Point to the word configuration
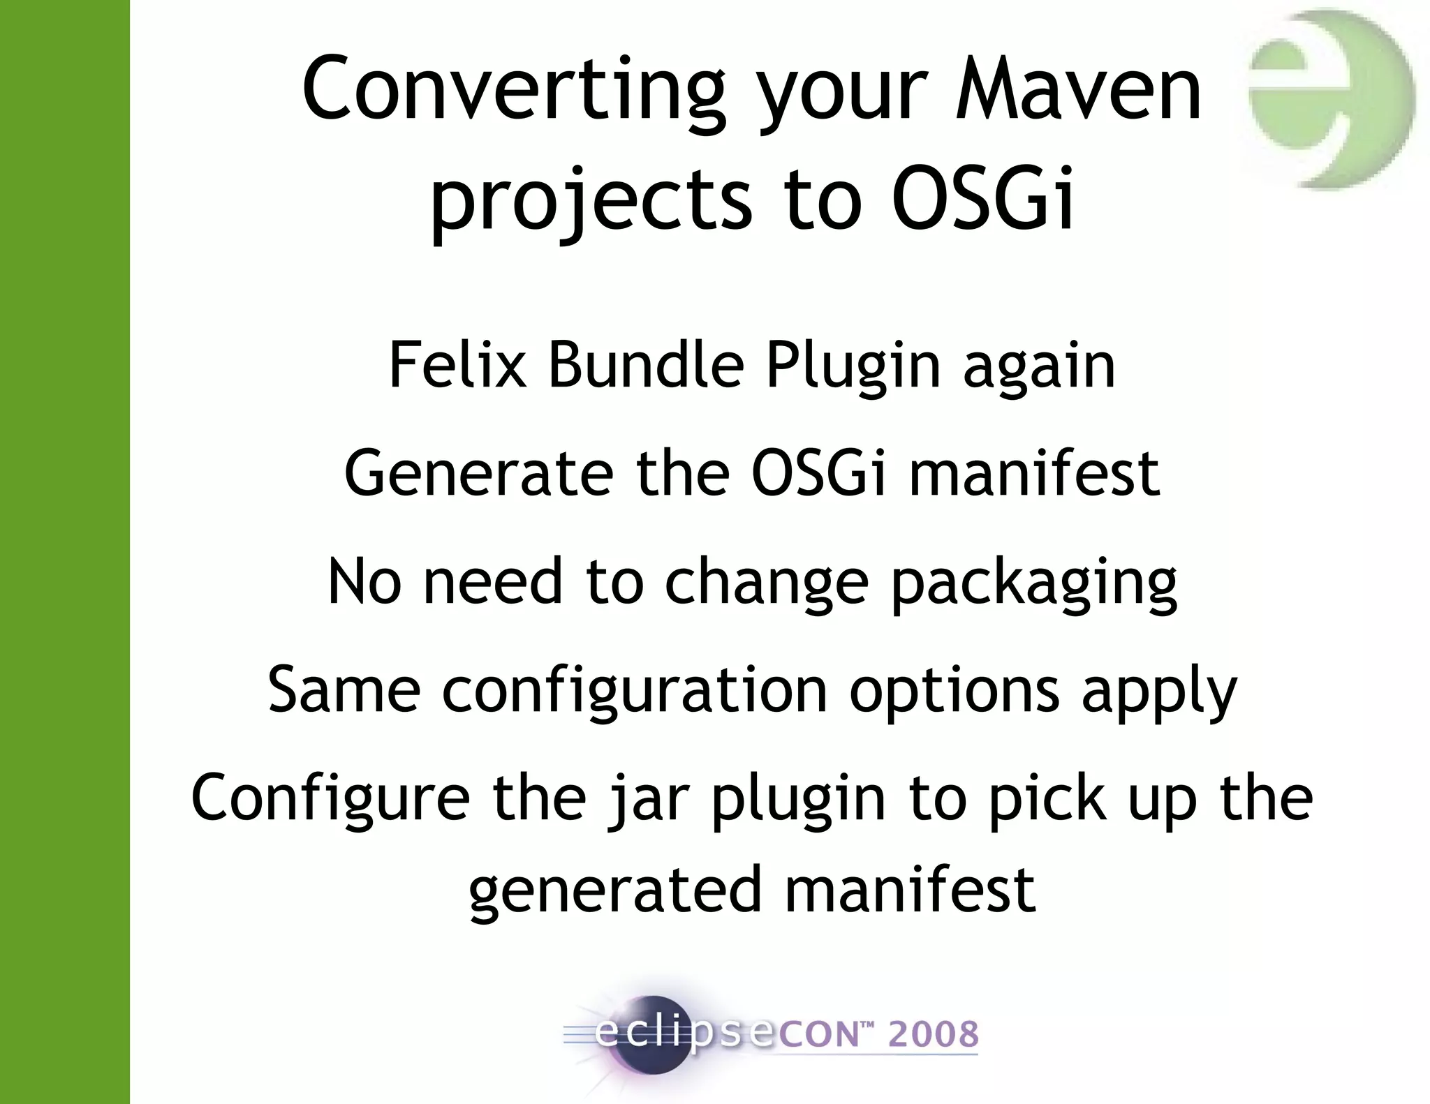pos(635,691)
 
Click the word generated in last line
pos(614,890)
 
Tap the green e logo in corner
pos(1331,98)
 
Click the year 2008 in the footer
pos(933,1034)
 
